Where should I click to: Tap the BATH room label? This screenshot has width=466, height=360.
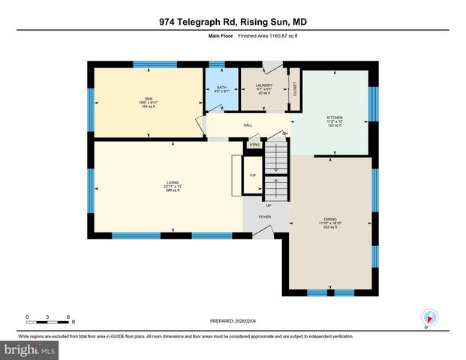pos(221,88)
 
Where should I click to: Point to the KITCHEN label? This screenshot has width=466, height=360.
pos(334,118)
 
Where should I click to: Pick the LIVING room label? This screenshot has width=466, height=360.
pos(173,182)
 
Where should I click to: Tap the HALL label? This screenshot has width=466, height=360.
pos(247,125)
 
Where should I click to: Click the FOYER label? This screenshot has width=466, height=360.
pos(265,217)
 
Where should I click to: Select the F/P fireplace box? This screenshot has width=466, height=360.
pos(253,176)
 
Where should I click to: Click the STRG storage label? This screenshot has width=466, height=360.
pos(254,145)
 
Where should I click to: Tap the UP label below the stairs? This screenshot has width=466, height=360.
pos(268,204)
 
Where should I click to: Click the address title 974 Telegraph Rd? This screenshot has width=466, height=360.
pos(233,22)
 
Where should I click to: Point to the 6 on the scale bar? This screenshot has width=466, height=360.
pos(68,316)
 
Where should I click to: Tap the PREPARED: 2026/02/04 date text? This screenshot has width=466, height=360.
pos(233,320)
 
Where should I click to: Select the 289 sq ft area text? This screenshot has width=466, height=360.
pos(173,191)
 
